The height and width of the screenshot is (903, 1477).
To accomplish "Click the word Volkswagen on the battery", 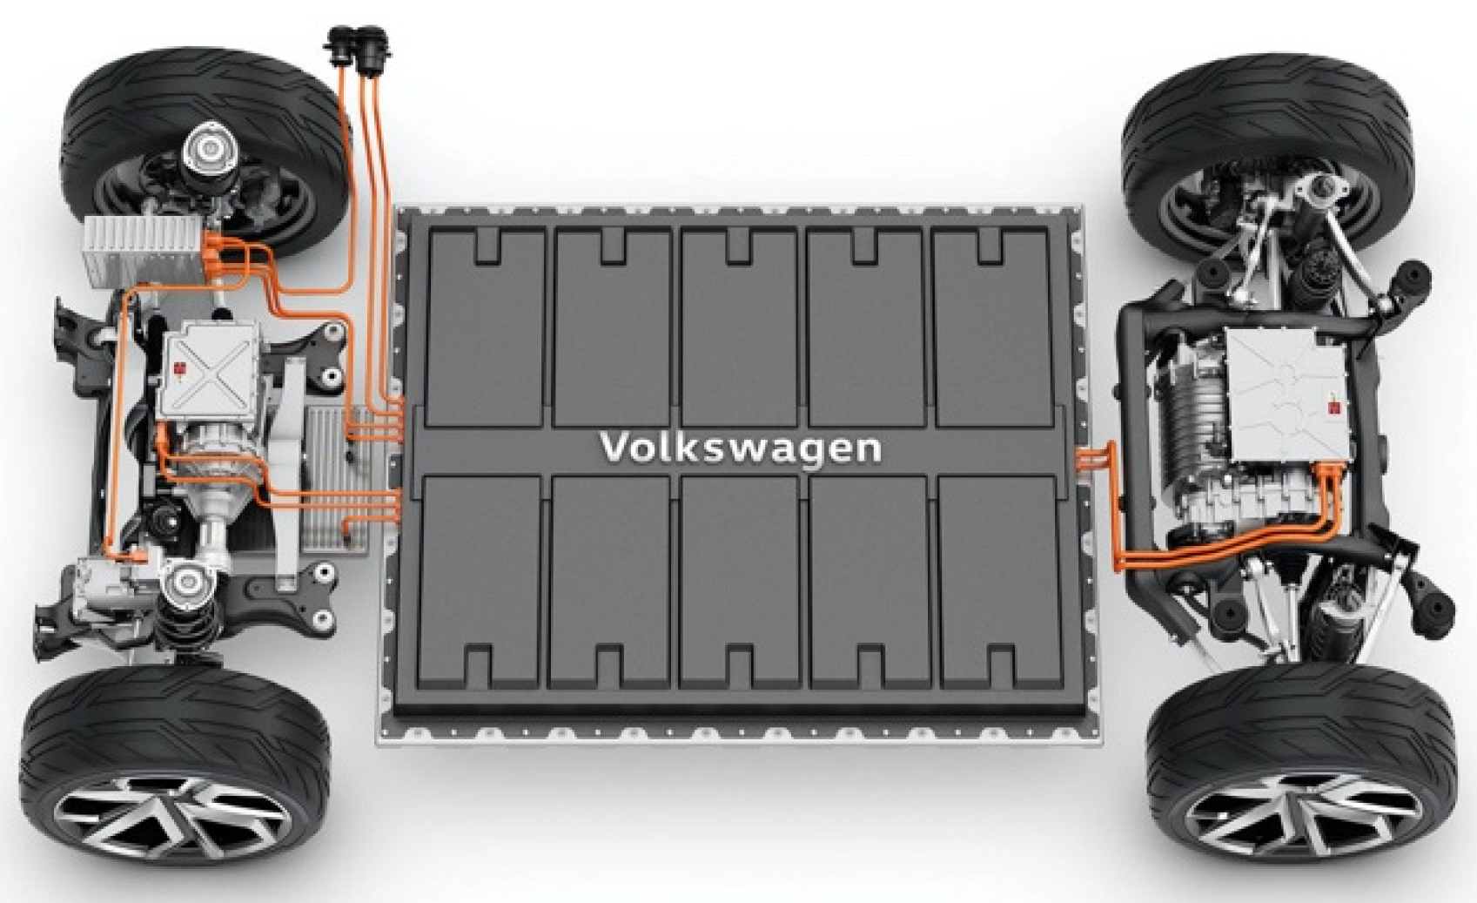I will coord(740,448).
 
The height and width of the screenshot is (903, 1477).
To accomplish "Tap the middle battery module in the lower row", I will coord(740,579).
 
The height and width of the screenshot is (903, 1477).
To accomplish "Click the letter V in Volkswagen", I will coord(615,448).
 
